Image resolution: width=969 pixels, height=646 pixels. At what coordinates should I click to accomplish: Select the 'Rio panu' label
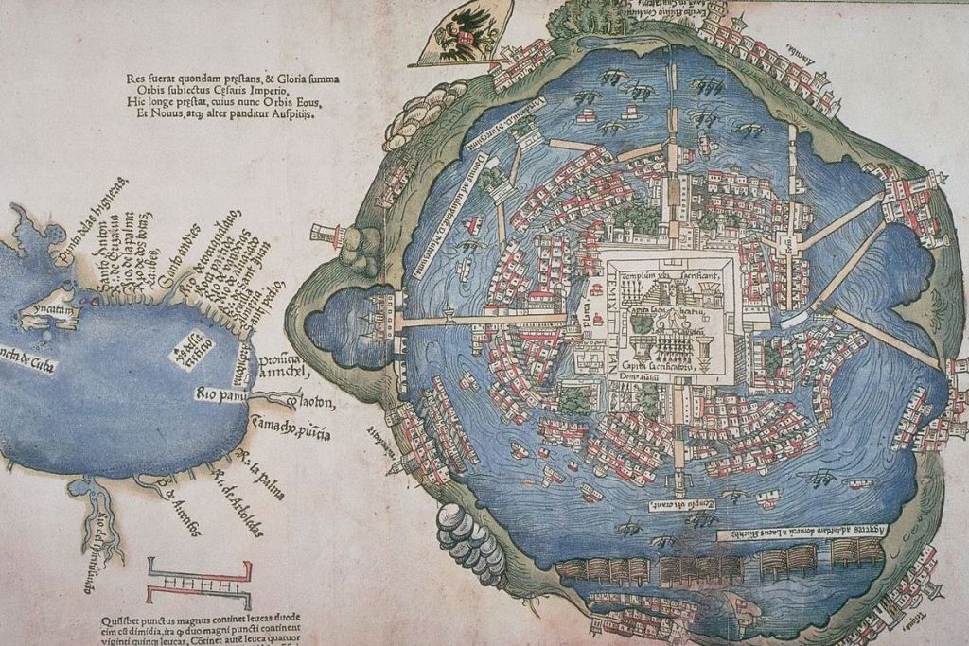[220, 392]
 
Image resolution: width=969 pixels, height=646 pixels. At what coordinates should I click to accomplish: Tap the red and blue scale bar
[200, 583]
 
